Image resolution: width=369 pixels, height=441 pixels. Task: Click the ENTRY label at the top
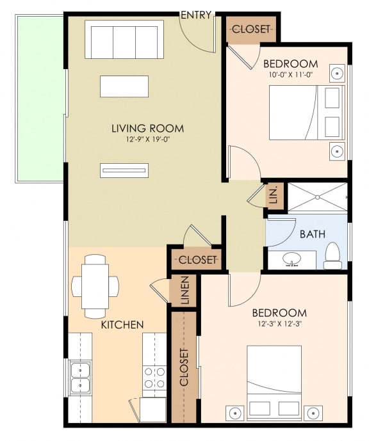pyautogui.click(x=196, y=15)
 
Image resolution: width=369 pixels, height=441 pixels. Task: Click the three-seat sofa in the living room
pyautogui.click(x=124, y=41)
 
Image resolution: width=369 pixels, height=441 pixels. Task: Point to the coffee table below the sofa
pyautogui.click(x=124, y=86)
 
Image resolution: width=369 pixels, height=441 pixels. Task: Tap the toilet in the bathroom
pyautogui.click(x=332, y=255)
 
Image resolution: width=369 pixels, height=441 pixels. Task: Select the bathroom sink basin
pyautogui.click(x=292, y=260)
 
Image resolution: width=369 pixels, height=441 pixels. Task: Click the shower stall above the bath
pyautogui.click(x=317, y=196)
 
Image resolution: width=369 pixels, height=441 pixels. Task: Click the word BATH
pyautogui.click(x=313, y=234)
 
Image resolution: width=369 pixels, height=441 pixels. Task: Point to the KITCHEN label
pyautogui.click(x=122, y=325)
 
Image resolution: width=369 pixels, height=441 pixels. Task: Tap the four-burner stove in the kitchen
pyautogui.click(x=154, y=377)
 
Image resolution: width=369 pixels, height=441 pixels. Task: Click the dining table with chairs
pyautogui.click(x=95, y=285)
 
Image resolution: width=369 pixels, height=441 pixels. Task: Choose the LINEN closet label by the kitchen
pyautogui.click(x=184, y=291)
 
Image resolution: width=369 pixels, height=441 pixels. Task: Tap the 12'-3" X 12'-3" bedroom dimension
pyautogui.click(x=279, y=324)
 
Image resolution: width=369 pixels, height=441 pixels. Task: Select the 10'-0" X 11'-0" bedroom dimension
pyautogui.click(x=291, y=74)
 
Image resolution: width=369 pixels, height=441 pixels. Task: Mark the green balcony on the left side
pyautogui.click(x=40, y=97)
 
